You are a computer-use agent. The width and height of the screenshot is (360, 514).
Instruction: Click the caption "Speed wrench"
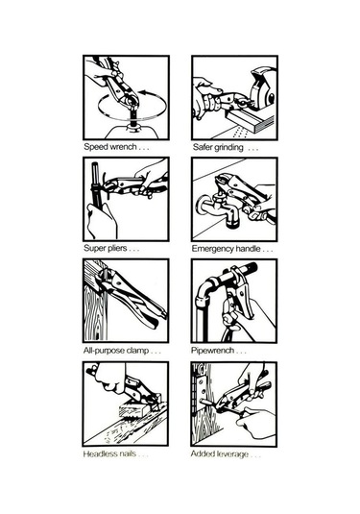(110, 147)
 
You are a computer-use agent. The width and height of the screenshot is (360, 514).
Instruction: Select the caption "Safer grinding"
(218, 148)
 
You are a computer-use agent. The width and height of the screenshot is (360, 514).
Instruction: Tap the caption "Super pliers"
(106, 248)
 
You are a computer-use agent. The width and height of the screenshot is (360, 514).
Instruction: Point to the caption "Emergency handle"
(226, 249)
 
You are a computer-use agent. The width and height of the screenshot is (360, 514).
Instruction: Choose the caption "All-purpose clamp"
(116, 351)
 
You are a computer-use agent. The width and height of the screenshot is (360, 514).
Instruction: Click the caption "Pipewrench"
(212, 351)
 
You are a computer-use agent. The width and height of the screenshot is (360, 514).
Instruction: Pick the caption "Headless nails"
(109, 454)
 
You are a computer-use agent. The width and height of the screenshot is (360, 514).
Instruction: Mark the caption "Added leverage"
(220, 454)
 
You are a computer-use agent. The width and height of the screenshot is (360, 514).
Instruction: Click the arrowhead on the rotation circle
(143, 92)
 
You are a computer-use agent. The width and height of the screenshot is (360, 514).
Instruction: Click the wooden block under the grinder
(251, 120)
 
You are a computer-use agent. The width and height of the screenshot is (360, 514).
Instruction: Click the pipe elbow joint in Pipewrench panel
(204, 288)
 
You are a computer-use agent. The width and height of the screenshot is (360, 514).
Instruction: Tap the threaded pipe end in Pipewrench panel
(250, 269)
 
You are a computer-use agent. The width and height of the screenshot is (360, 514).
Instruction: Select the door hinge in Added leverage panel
(200, 390)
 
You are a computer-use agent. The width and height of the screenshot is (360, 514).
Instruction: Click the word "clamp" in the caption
(138, 351)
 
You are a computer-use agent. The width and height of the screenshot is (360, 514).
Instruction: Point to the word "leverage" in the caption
(232, 454)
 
